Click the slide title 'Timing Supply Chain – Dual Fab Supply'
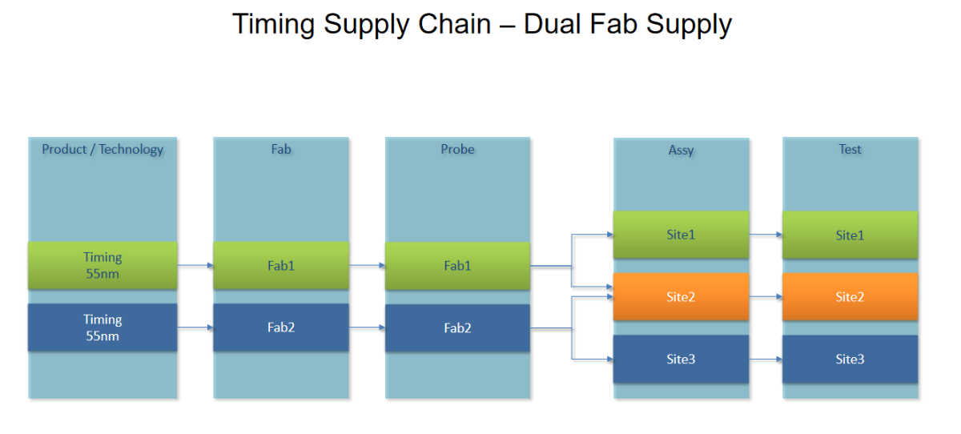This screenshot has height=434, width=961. point(481,24)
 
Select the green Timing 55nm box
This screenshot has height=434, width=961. point(103,265)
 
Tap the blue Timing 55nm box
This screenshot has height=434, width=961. point(103,328)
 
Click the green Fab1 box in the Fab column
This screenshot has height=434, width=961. point(281,265)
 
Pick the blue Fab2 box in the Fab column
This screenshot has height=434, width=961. point(281,328)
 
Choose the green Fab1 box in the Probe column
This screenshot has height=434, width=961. point(457,266)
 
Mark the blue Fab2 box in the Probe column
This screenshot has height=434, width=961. point(457,328)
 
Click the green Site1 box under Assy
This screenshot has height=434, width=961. point(681,235)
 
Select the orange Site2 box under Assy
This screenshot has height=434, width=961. point(681,297)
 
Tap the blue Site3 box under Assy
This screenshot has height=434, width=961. point(681,359)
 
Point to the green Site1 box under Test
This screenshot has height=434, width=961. point(850,235)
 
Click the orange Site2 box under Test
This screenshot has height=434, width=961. point(850,297)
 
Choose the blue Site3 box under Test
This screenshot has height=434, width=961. point(850,359)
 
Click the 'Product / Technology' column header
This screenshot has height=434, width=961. point(103,149)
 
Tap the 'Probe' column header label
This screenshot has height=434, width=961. point(457,149)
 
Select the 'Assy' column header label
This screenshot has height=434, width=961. point(681,150)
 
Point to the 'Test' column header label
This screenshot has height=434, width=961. point(850,149)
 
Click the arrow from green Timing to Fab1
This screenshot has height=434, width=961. point(195,265)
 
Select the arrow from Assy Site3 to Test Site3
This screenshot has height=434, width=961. point(766,360)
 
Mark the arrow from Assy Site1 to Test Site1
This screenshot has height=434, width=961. point(766,235)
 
